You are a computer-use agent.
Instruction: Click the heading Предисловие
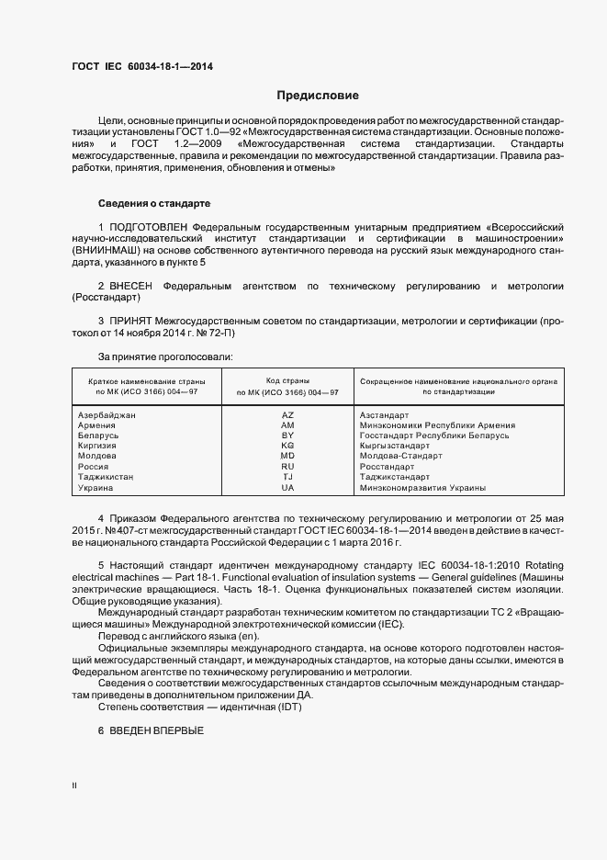(318, 96)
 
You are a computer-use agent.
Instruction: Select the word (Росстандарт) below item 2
(105, 300)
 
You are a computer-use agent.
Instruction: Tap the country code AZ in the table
(287, 415)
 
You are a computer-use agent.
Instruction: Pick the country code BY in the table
(287, 436)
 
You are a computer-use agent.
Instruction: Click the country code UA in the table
(287, 487)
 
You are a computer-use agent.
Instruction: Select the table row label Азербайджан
(107, 415)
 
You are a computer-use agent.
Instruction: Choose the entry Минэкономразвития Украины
(422, 487)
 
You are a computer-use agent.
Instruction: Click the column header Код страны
(287, 379)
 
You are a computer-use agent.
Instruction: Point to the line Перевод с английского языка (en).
(179, 637)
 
